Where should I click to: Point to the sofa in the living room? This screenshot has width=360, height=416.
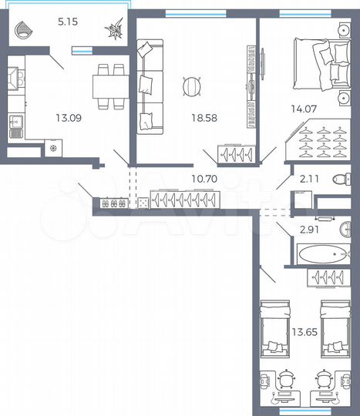(x=147, y=89)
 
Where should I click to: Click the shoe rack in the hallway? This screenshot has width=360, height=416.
(x=113, y=203)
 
